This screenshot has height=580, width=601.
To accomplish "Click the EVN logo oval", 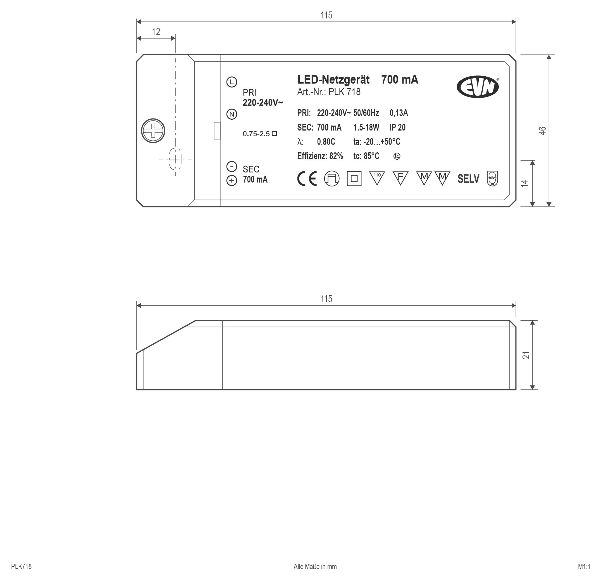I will tap(478, 87).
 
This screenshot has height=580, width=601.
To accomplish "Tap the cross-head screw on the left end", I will tap(153, 131).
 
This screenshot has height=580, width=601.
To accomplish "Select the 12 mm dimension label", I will tap(156, 32).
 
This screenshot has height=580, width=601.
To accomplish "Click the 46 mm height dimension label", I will tap(542, 131).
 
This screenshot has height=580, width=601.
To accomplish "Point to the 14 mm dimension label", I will tap(525, 183).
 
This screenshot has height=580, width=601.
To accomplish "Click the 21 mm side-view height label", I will tap(526, 355).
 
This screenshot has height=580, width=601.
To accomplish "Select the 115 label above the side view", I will tap(326, 299).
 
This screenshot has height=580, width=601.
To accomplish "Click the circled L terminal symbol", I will tap(232, 82).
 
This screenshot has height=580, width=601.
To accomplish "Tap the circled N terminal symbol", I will tap(232, 114).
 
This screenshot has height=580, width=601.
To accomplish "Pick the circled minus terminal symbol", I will tap(232, 166).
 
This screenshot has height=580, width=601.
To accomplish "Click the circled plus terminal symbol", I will tap(232, 181).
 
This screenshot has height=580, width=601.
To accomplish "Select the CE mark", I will tap(307, 179).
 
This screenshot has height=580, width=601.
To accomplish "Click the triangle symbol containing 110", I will tap(377, 178).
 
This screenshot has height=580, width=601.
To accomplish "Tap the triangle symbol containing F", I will tap(400, 178).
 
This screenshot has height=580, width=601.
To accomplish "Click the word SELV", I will tap(468, 179).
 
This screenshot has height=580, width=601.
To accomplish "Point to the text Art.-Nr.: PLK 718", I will tap(329, 92).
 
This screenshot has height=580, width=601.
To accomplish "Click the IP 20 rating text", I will tap(397, 127).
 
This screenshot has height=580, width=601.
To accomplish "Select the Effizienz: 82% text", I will tap(320, 156).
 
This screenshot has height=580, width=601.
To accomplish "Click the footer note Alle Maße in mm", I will tap(315, 567).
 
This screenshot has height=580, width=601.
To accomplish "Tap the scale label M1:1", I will tap(584, 567).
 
